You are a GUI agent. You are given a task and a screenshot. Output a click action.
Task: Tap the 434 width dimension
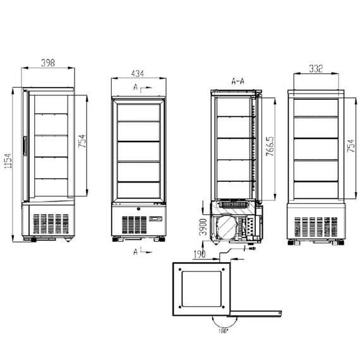pyautogui.click(x=137, y=73)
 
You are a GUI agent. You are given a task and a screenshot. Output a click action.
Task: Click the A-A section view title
pyautogui.click(x=239, y=81)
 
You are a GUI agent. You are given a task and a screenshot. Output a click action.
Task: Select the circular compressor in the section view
pyautogui.click(x=227, y=227)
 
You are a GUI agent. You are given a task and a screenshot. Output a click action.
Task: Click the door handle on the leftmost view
pyautogui.click(x=25, y=146)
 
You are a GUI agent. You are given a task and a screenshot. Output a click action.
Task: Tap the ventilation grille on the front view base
pyautogui.click(x=132, y=224)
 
